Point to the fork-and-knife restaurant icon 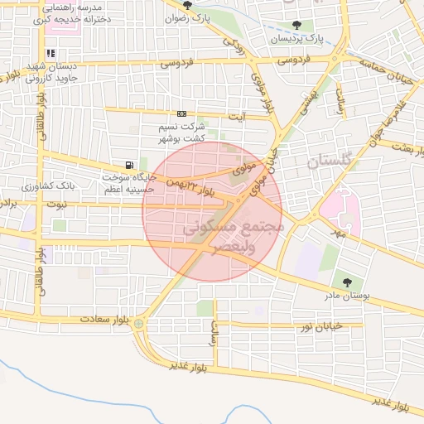[x=51, y=53]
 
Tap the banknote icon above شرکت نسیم [x=181, y=114]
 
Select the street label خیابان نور [x=339, y=327]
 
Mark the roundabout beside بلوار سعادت [x=139, y=324]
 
